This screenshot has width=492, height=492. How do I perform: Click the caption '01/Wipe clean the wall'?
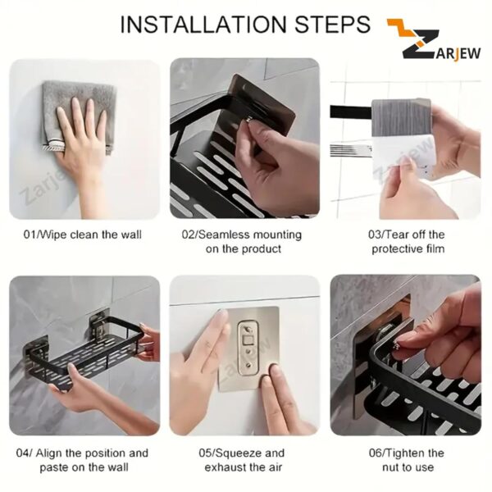tap(83, 235)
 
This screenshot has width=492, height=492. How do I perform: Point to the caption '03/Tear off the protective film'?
tap(408, 241)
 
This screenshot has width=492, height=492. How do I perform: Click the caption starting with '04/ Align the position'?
tap(83, 459)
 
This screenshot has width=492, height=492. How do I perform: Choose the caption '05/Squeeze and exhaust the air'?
tap(244, 459)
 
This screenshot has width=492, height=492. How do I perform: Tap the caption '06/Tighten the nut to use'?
tap(408, 459)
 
